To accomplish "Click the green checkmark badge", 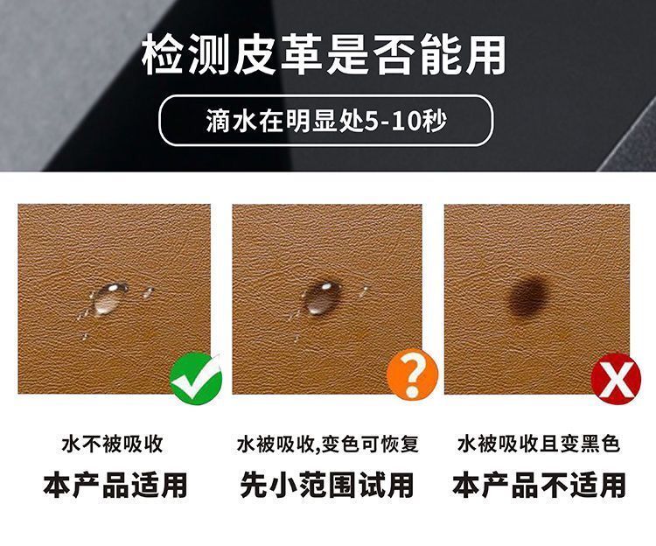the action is click(x=196, y=378).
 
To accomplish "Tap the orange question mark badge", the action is click(x=412, y=374).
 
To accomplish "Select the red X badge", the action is click(x=616, y=379).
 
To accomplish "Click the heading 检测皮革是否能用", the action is click(x=324, y=55).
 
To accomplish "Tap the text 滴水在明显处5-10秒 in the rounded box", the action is click(x=326, y=122).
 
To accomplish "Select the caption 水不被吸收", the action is click(x=112, y=444).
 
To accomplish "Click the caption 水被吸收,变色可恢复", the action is click(x=327, y=444).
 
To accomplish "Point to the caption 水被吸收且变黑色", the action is click(x=539, y=444).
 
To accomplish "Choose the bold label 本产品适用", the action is click(x=115, y=485).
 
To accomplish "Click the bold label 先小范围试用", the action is click(x=327, y=485).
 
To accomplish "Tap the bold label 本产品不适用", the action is click(x=540, y=485).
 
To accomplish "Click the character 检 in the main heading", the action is click(x=163, y=55).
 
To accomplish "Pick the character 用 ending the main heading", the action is click(x=485, y=55).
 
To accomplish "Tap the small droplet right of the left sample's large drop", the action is click(x=148, y=291).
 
